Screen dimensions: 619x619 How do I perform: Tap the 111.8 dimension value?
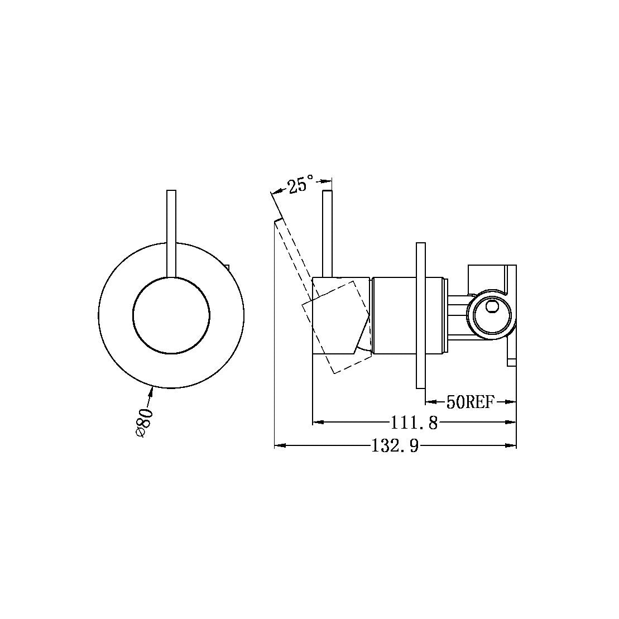[x=415, y=423]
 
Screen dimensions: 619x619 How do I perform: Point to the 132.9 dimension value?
[x=395, y=446]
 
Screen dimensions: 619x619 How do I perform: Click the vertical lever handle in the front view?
[x=171, y=232]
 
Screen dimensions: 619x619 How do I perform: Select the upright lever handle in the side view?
[x=328, y=233]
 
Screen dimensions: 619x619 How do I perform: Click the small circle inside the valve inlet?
[x=492, y=306]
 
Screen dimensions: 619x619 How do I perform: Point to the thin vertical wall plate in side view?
[x=421, y=315]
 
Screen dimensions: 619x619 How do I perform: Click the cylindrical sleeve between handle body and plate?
[x=394, y=315]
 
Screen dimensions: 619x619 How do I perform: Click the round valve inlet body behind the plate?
[x=491, y=315]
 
